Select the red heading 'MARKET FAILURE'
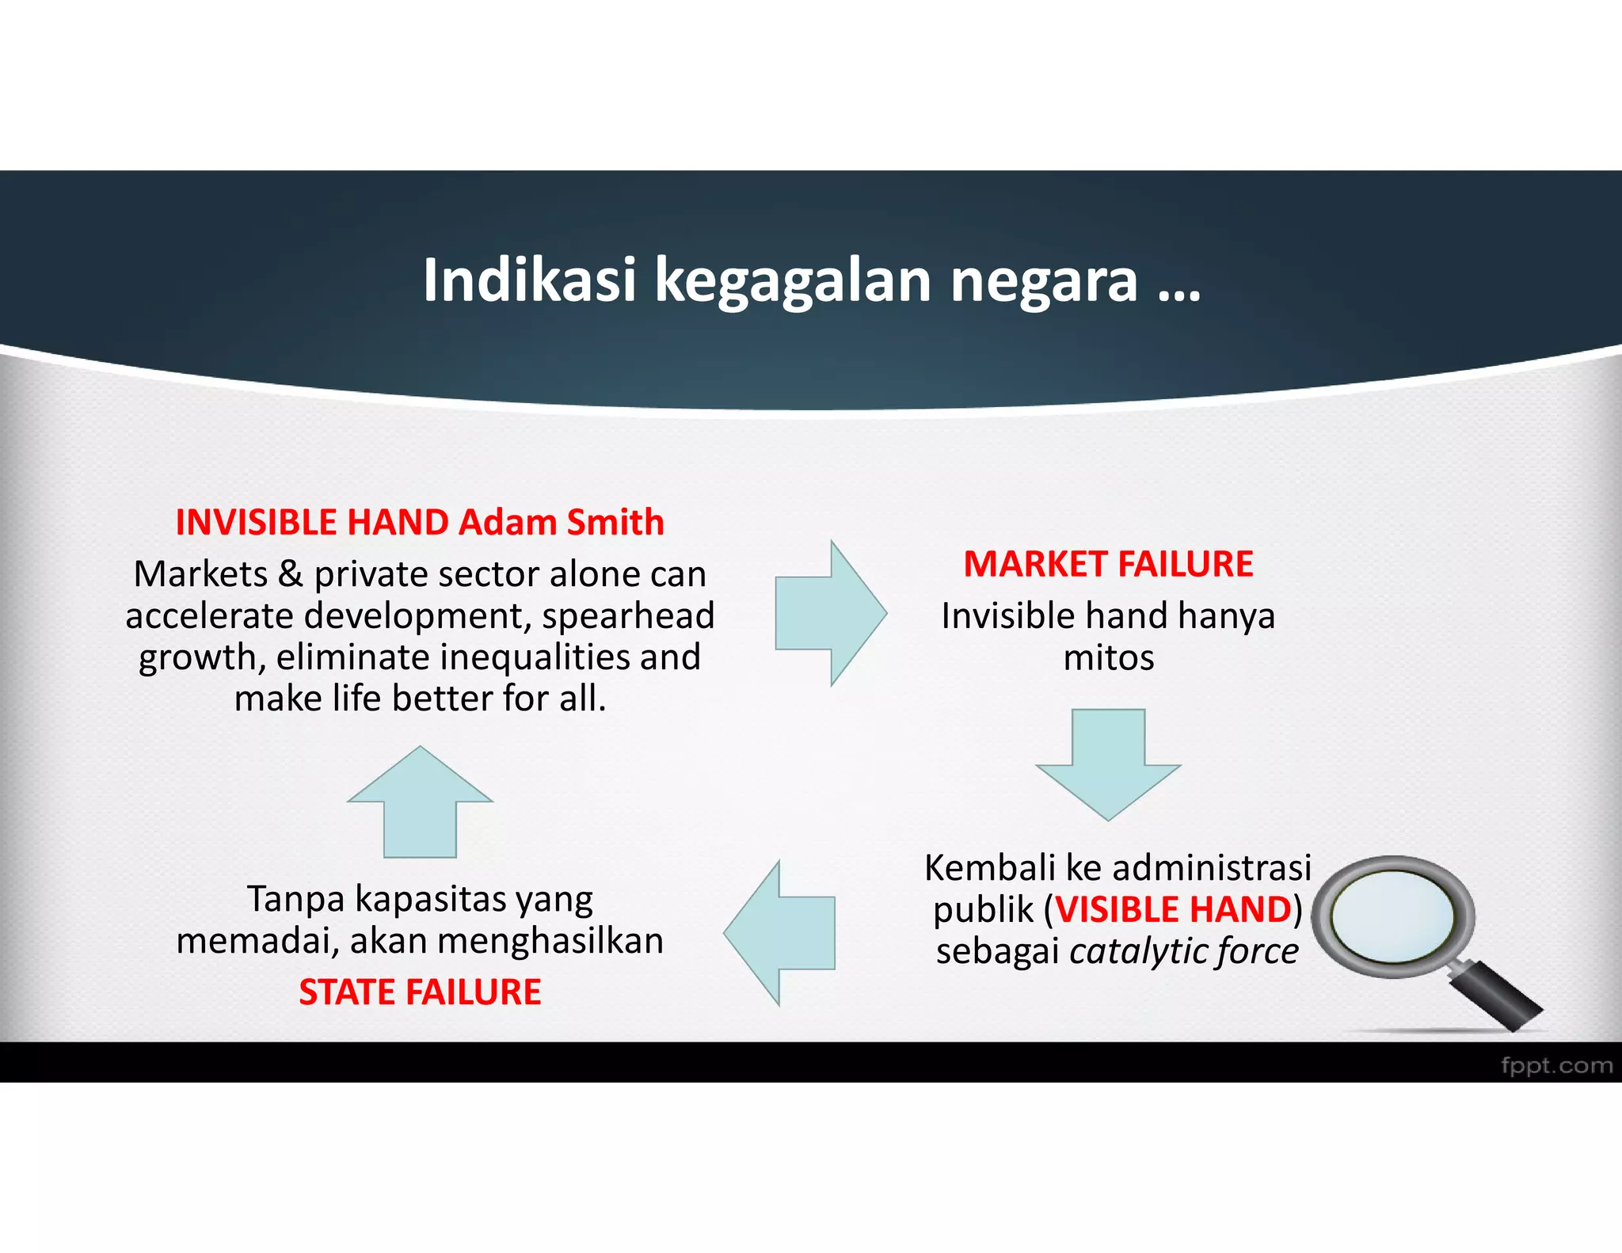pos(1108,564)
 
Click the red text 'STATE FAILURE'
pos(420,992)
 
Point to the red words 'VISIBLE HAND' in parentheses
pos(1174,909)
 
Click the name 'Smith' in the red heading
pos(615,523)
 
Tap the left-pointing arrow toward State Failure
pos(781,933)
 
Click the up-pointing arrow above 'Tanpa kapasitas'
pos(420,802)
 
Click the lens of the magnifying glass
pos(1392,916)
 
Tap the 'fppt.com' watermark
pos(1556,1065)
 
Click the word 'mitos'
pos(1108,658)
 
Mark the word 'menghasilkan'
pos(550,941)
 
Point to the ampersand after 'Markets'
pos(291,574)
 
